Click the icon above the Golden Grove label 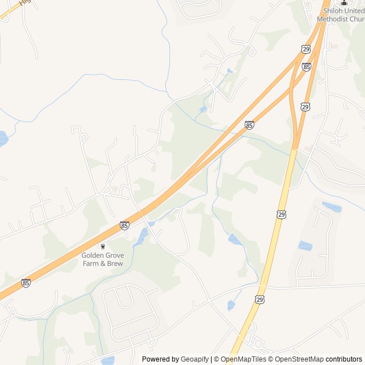(103, 246)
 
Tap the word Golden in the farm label (93, 255)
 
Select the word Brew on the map (114, 263)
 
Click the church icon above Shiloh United (343, 2)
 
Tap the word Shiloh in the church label (334, 11)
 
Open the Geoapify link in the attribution (194, 359)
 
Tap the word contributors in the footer (344, 359)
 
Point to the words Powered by (160, 359)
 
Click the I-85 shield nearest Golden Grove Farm (124, 226)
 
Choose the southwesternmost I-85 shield (26, 282)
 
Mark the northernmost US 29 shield (306, 50)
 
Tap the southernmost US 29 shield (259, 299)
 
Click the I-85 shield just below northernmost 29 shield (307, 67)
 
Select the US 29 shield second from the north (305, 107)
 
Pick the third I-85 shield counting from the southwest (249, 125)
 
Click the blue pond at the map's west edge (3, 138)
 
